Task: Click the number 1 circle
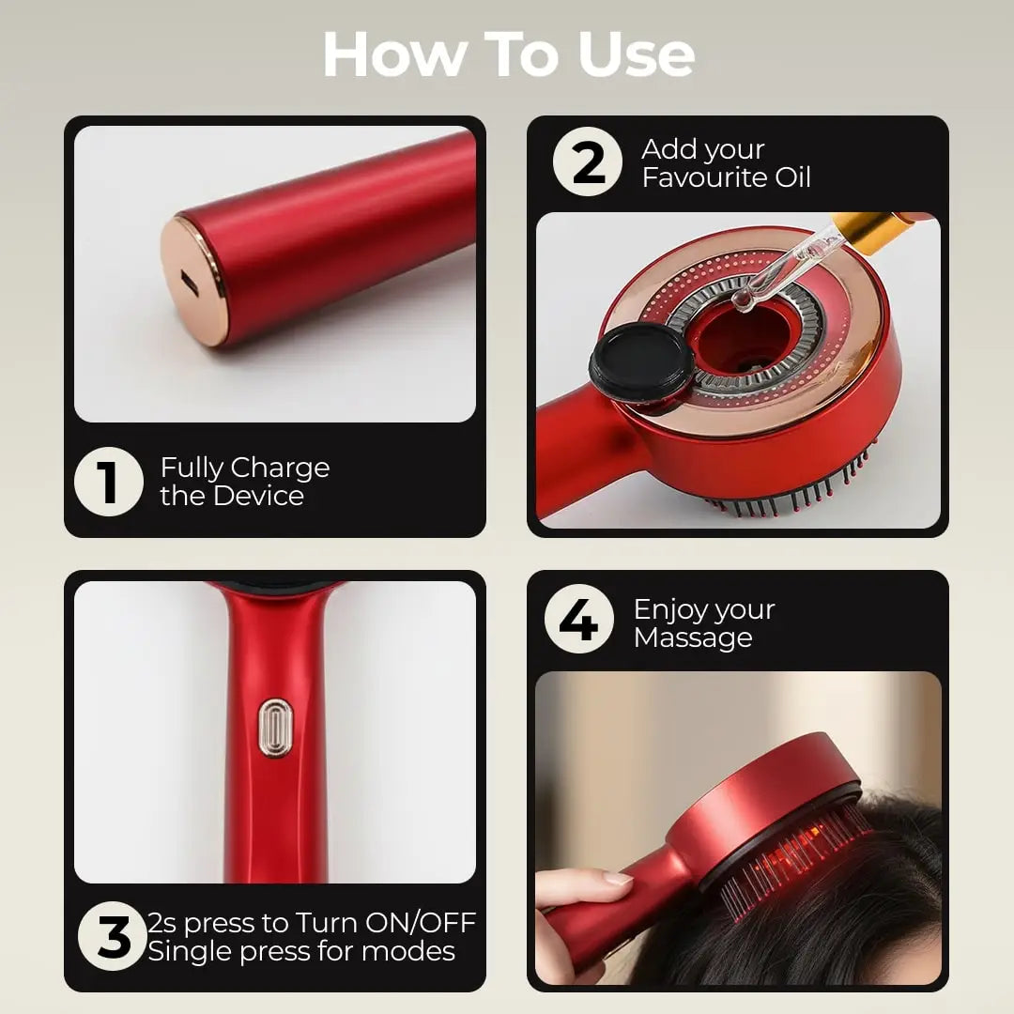[109, 482]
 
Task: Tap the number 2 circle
[588, 162]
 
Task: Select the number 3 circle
[113, 936]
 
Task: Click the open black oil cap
[640, 361]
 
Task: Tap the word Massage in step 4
[693, 638]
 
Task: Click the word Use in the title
[636, 55]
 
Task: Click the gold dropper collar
[864, 229]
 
